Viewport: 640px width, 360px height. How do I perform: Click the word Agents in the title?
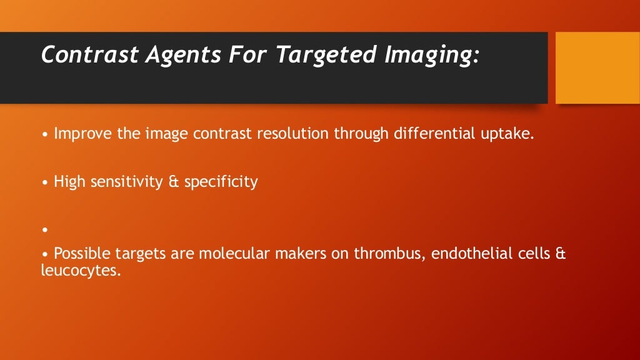pos(183,55)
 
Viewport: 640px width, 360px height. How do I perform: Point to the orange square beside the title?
pos(597,67)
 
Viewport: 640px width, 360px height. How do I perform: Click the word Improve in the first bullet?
pos(78,134)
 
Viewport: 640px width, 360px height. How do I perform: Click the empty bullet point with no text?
pos(45,230)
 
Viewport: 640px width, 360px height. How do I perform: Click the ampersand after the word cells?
pos(561,254)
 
